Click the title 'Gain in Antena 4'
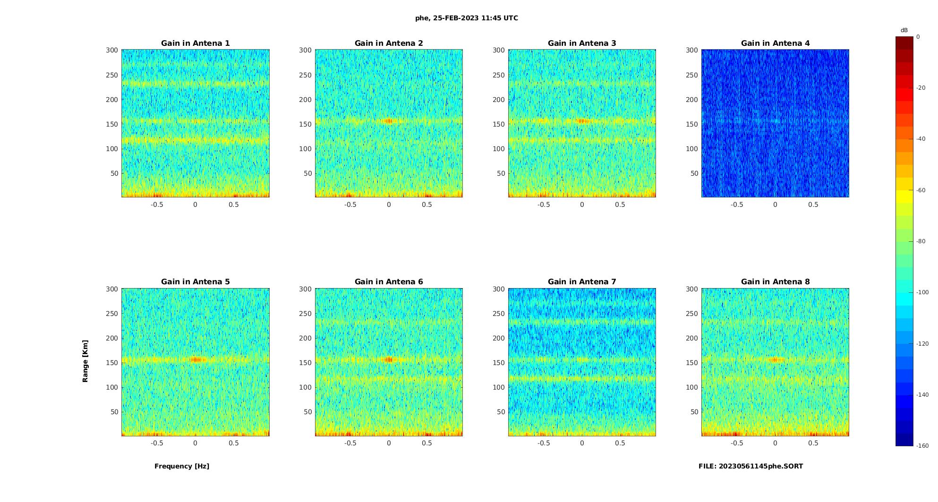(x=775, y=43)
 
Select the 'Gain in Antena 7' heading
(x=582, y=281)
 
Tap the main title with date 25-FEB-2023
(x=467, y=18)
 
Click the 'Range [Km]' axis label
(x=85, y=361)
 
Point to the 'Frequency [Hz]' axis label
(x=182, y=466)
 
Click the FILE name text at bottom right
(x=750, y=466)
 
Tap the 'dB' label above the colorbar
(x=904, y=30)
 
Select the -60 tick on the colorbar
(x=921, y=190)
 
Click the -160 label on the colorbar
(x=922, y=446)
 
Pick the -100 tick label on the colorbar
(x=922, y=292)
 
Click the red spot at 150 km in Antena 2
(x=389, y=121)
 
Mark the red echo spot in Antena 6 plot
(x=389, y=359)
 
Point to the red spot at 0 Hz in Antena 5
(x=196, y=359)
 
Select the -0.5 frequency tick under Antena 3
(x=544, y=204)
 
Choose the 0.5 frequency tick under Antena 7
(x=620, y=443)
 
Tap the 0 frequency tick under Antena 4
(x=775, y=204)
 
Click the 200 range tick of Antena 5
(x=112, y=338)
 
